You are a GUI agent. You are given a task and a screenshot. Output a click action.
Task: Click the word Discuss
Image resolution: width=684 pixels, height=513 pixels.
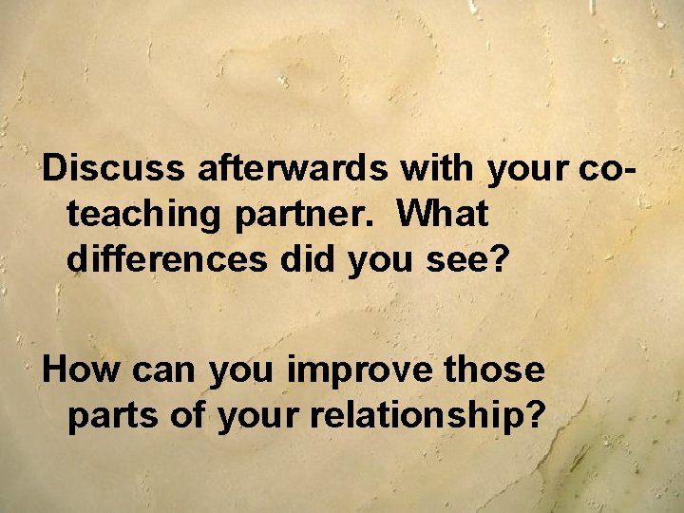115,169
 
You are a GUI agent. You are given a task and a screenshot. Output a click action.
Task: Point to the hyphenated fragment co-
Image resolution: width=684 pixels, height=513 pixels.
605,169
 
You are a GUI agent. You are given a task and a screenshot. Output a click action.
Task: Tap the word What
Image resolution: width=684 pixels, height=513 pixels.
443,214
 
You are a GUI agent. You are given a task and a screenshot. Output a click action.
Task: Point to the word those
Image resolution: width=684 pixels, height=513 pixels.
494,369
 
